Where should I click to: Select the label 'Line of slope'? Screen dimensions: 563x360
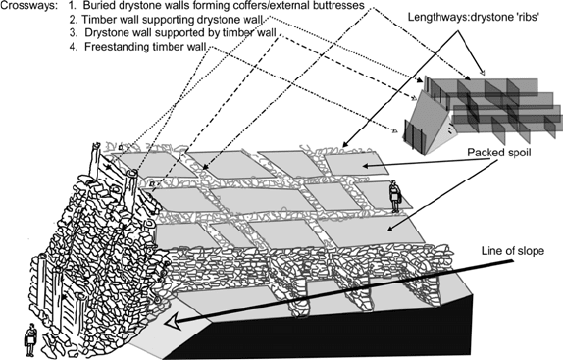pyautogui.click(x=512, y=251)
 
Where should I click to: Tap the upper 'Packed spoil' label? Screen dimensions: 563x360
pyautogui.click(x=498, y=153)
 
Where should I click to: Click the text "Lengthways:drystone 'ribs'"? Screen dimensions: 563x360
pyautogui.click(x=472, y=17)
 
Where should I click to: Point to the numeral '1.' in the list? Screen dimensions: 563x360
pyautogui.click(x=73, y=6)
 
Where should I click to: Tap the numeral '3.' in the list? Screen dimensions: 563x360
pyautogui.click(x=74, y=32)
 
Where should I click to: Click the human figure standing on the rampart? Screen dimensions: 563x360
pyautogui.click(x=394, y=196)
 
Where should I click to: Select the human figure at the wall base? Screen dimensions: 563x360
pyautogui.click(x=30, y=339)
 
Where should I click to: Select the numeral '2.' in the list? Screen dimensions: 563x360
pyautogui.click(x=75, y=20)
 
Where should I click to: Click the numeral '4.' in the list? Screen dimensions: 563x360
pyautogui.click(x=74, y=47)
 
